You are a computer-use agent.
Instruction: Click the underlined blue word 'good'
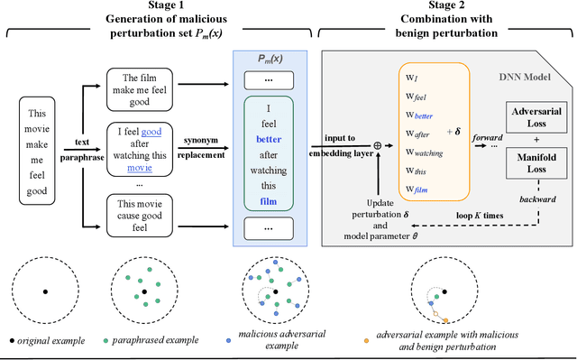[x=151, y=132]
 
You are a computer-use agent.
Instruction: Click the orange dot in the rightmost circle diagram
[x=444, y=318]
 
